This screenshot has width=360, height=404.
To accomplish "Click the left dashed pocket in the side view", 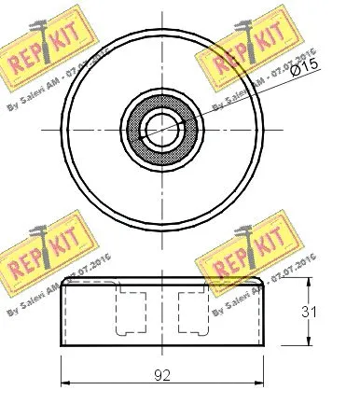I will tap(128, 310).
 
